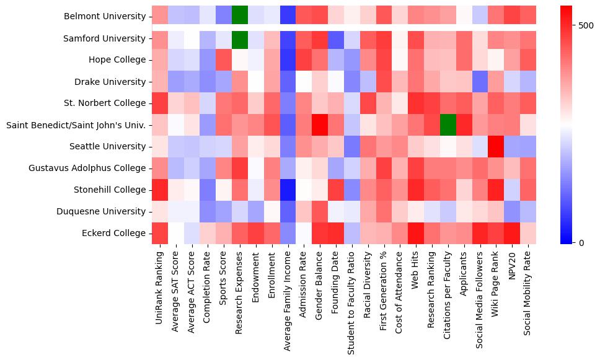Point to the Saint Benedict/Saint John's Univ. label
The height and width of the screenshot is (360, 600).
(76, 125)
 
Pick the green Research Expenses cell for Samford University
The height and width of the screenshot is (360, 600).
(240, 38)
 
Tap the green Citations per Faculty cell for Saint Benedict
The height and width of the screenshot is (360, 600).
(447, 125)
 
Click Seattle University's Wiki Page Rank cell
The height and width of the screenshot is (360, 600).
(495, 146)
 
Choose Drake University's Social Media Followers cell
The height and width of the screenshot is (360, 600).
(479, 82)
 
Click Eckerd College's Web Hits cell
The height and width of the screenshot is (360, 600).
(415, 233)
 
